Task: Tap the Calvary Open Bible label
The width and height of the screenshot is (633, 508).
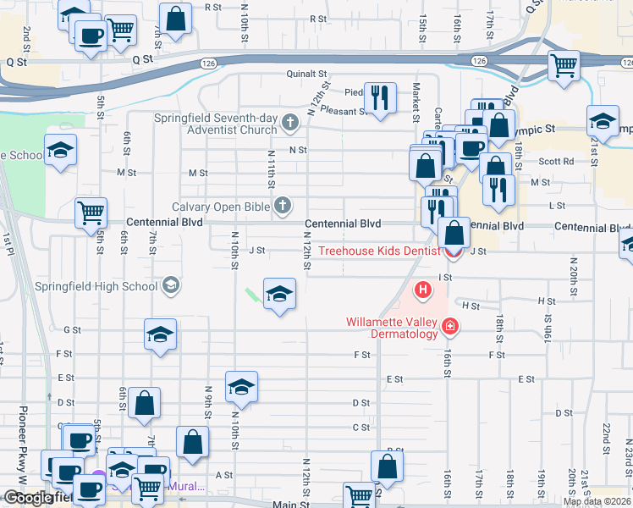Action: click(220, 206)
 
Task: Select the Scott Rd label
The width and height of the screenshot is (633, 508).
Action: click(555, 161)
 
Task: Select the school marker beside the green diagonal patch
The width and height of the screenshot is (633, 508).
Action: click(279, 293)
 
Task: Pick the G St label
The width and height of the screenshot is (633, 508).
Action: click(72, 329)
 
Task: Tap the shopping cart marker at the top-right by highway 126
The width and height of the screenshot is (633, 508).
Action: click(563, 64)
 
